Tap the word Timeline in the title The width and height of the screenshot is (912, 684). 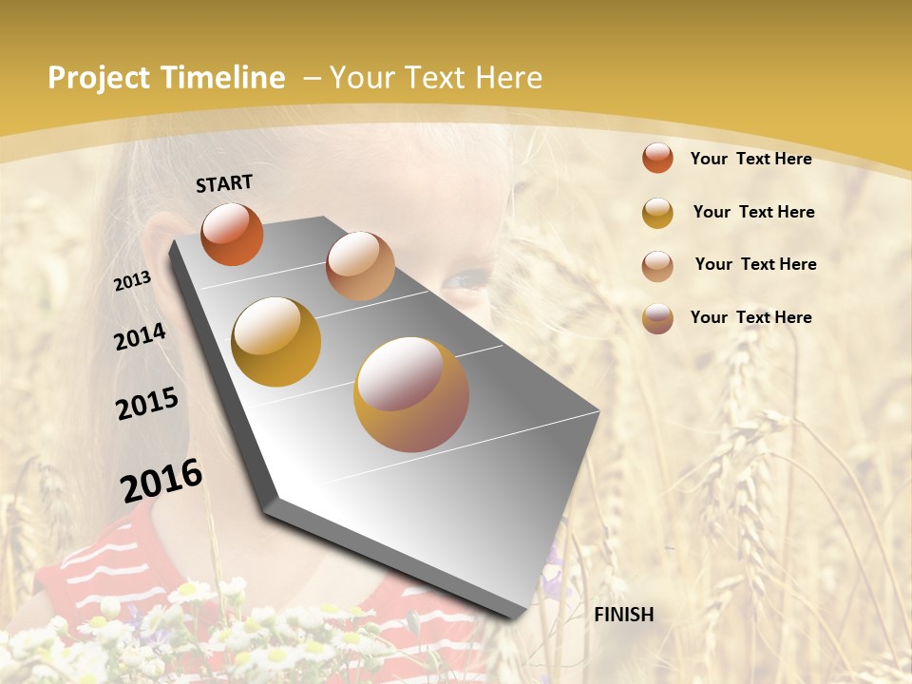point(223,78)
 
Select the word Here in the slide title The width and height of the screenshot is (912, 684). point(510,78)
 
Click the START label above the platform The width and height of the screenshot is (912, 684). point(224,183)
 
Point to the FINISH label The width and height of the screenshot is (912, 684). point(624,615)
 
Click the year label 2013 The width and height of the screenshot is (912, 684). point(132,281)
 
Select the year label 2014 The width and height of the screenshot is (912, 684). point(140,336)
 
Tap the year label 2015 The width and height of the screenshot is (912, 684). point(147,404)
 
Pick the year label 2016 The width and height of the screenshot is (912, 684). point(161,481)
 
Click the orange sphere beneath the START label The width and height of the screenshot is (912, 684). point(232,234)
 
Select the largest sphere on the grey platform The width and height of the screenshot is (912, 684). point(411,394)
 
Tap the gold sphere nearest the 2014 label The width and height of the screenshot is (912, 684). point(275,341)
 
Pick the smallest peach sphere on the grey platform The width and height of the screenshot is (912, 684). point(360,266)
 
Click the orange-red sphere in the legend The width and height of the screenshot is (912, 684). point(657,158)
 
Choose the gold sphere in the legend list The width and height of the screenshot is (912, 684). point(657,213)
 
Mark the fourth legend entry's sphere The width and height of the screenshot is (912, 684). point(657,318)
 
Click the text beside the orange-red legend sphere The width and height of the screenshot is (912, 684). point(750,159)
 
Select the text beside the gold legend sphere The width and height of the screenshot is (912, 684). point(753,212)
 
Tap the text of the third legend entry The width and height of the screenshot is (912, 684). point(755,264)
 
